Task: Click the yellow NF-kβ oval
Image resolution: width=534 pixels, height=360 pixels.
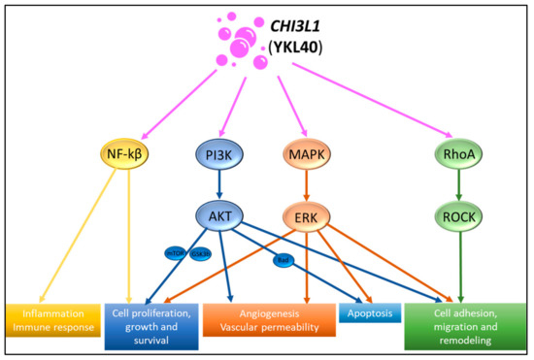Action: [126, 153]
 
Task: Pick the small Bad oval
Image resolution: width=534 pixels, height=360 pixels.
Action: [284, 261]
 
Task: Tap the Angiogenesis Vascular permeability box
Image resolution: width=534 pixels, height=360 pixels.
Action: [268, 321]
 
